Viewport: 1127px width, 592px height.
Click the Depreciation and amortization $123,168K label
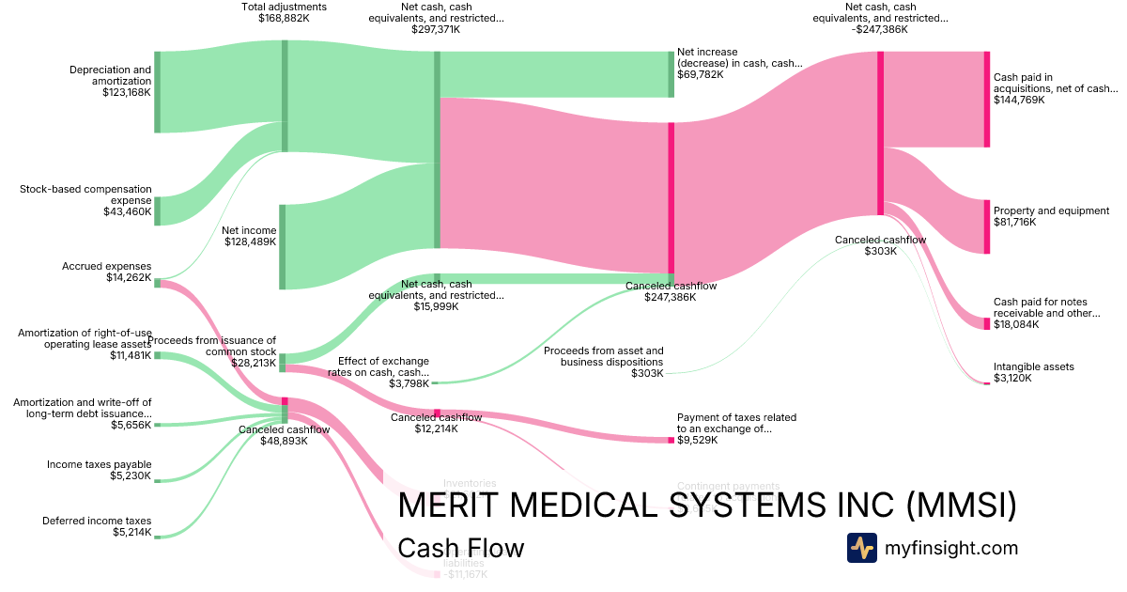pos(110,81)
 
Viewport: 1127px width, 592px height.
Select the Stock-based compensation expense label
pos(85,200)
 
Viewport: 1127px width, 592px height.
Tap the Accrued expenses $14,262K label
pos(106,272)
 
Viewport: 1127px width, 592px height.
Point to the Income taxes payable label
pos(99,470)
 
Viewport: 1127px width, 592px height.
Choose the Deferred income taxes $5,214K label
pos(97,526)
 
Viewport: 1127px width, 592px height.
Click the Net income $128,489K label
pos(249,236)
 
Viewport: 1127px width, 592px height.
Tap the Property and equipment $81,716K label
pos(1051,216)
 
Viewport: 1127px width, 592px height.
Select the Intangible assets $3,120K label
pos(1033,372)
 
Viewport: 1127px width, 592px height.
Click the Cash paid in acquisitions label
pos(1056,88)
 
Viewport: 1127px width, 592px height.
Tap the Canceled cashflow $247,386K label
pos(671,291)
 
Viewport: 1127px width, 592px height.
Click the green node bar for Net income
pos(282,246)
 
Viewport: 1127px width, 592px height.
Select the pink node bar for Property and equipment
pos(986,226)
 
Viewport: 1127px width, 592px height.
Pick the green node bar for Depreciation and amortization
pos(157,92)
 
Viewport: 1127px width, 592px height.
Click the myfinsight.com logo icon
pos(861,548)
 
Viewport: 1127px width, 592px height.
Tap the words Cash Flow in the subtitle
pos(460,548)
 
